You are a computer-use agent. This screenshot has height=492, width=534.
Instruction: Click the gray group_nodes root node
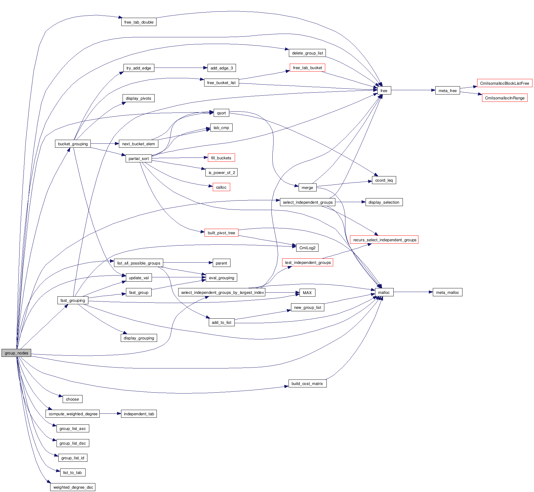(16, 353)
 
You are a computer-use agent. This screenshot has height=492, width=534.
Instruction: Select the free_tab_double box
(139, 22)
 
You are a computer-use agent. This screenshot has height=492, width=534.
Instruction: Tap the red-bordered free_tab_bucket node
(307, 68)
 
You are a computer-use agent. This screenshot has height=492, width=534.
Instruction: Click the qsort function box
(221, 113)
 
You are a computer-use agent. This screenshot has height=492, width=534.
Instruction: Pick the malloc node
(384, 292)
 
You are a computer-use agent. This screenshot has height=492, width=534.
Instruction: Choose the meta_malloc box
(447, 292)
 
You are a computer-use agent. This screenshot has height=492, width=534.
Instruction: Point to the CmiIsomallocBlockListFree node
(504, 83)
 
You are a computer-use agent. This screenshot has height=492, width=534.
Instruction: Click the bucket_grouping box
(73, 144)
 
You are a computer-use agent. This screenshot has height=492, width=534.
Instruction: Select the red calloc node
(221, 187)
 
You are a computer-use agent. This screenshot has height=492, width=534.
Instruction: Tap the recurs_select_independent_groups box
(384, 240)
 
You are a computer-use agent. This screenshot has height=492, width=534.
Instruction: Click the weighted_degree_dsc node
(73, 487)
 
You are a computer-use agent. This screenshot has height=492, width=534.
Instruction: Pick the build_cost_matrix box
(307, 383)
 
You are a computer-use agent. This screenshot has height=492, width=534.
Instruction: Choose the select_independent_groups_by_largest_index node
(222, 292)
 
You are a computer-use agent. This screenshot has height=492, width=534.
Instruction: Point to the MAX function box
(307, 293)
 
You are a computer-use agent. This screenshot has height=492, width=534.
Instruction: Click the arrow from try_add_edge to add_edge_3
(180, 68)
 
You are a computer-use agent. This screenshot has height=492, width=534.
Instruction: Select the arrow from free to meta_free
(413, 90)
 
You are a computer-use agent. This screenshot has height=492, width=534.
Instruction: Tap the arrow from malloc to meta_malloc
(413, 292)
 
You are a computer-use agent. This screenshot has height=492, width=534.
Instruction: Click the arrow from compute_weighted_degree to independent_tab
(110, 414)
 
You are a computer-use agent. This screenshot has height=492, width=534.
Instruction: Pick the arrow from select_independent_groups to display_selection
(350, 202)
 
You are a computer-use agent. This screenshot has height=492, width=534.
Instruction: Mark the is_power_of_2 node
(222, 172)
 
